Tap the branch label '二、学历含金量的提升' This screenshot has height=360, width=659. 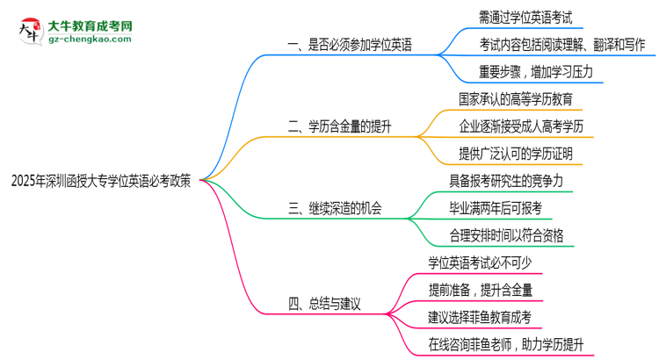pyautogui.click(x=339, y=127)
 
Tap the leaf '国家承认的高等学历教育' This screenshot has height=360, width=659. pyautogui.click(x=516, y=100)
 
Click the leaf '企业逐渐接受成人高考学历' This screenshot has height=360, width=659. pyautogui.click(x=521, y=126)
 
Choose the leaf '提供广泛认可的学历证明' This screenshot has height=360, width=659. pyautogui.click(x=516, y=154)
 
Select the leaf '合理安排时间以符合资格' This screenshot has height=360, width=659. pyautogui.click(x=506, y=234)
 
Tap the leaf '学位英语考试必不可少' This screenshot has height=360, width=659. pyautogui.click(x=491, y=262)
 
